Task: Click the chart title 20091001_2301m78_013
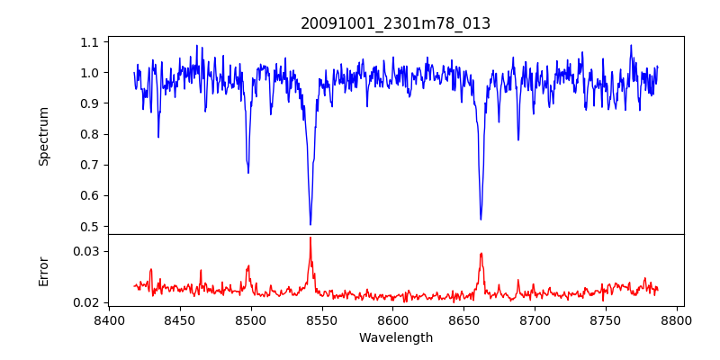[x=395, y=23]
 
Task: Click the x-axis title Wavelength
[x=395, y=338]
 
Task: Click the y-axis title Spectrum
[x=43, y=136]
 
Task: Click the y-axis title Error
[x=43, y=270]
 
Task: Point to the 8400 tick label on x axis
[x=109, y=319]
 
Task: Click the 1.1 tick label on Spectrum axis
[x=89, y=42]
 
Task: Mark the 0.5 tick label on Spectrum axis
[x=89, y=227]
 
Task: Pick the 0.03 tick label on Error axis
[x=86, y=251]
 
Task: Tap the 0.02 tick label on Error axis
[x=86, y=302]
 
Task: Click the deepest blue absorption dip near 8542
[x=310, y=224]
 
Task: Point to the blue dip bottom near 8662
[x=481, y=219]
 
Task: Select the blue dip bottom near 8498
[x=248, y=172]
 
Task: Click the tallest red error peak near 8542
[x=310, y=238]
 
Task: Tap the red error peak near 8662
[x=481, y=254]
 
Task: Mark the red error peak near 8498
[x=248, y=266]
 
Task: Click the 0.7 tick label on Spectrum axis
[x=89, y=166]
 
